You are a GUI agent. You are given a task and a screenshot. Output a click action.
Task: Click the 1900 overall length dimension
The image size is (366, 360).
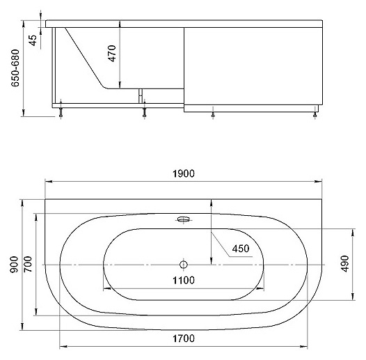184,174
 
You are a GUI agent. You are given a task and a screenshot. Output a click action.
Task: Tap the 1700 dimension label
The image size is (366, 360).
184,338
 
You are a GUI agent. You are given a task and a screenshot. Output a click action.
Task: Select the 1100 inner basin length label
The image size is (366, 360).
184,280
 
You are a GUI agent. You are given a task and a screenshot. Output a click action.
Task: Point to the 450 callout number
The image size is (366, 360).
241,249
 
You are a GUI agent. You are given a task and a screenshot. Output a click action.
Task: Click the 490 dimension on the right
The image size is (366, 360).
345,264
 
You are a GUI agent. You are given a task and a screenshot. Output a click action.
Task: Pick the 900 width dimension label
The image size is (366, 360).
14,265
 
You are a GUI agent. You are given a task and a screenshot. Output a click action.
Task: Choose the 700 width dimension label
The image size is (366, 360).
28,264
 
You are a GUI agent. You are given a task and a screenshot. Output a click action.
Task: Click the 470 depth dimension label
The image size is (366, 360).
112,54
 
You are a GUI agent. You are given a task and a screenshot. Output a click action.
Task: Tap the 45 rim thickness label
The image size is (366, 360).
33,40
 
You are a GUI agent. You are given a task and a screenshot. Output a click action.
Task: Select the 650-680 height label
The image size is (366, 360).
15,68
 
